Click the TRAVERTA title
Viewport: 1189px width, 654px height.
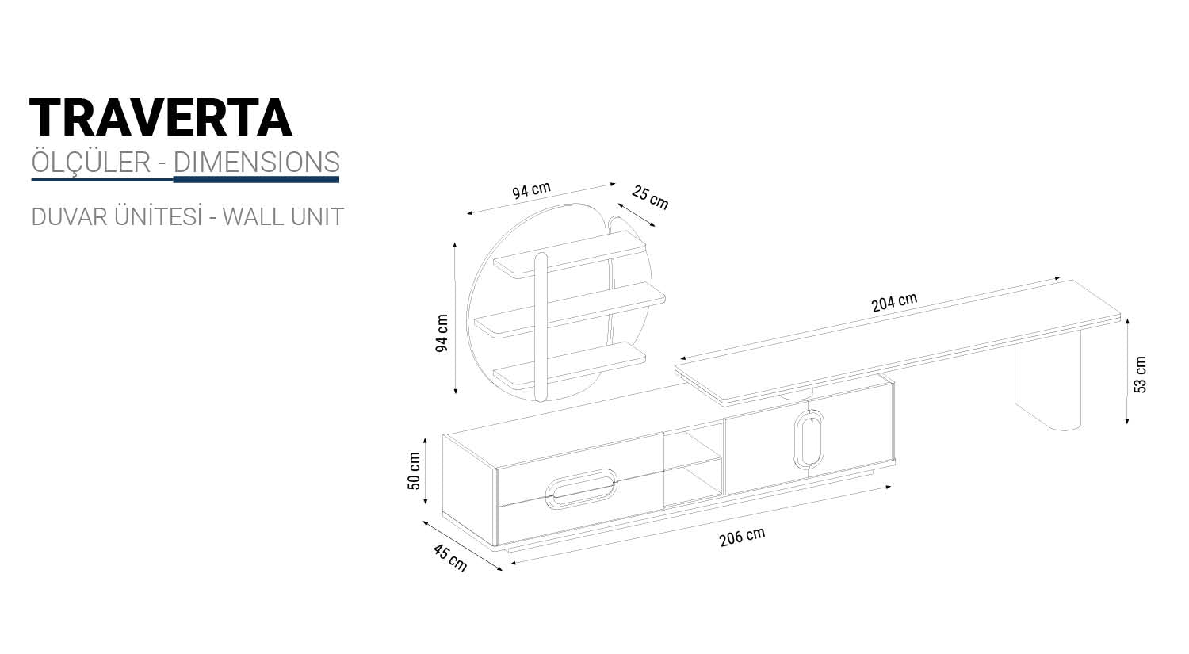(161, 118)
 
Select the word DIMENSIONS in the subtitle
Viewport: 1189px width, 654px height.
(256, 162)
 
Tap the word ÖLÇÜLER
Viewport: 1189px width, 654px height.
(90, 162)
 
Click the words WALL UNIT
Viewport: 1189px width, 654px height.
(282, 216)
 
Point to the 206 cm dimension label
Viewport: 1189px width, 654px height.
(742, 537)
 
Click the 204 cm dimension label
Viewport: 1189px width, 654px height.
(894, 302)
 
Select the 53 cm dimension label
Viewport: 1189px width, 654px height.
(1141, 374)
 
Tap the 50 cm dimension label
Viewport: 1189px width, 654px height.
(415, 471)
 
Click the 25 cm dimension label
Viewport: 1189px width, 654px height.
(650, 197)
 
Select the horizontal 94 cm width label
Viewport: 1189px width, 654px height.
(530, 191)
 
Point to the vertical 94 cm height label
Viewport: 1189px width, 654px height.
(442, 333)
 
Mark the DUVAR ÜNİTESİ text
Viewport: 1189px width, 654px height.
(117, 216)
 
